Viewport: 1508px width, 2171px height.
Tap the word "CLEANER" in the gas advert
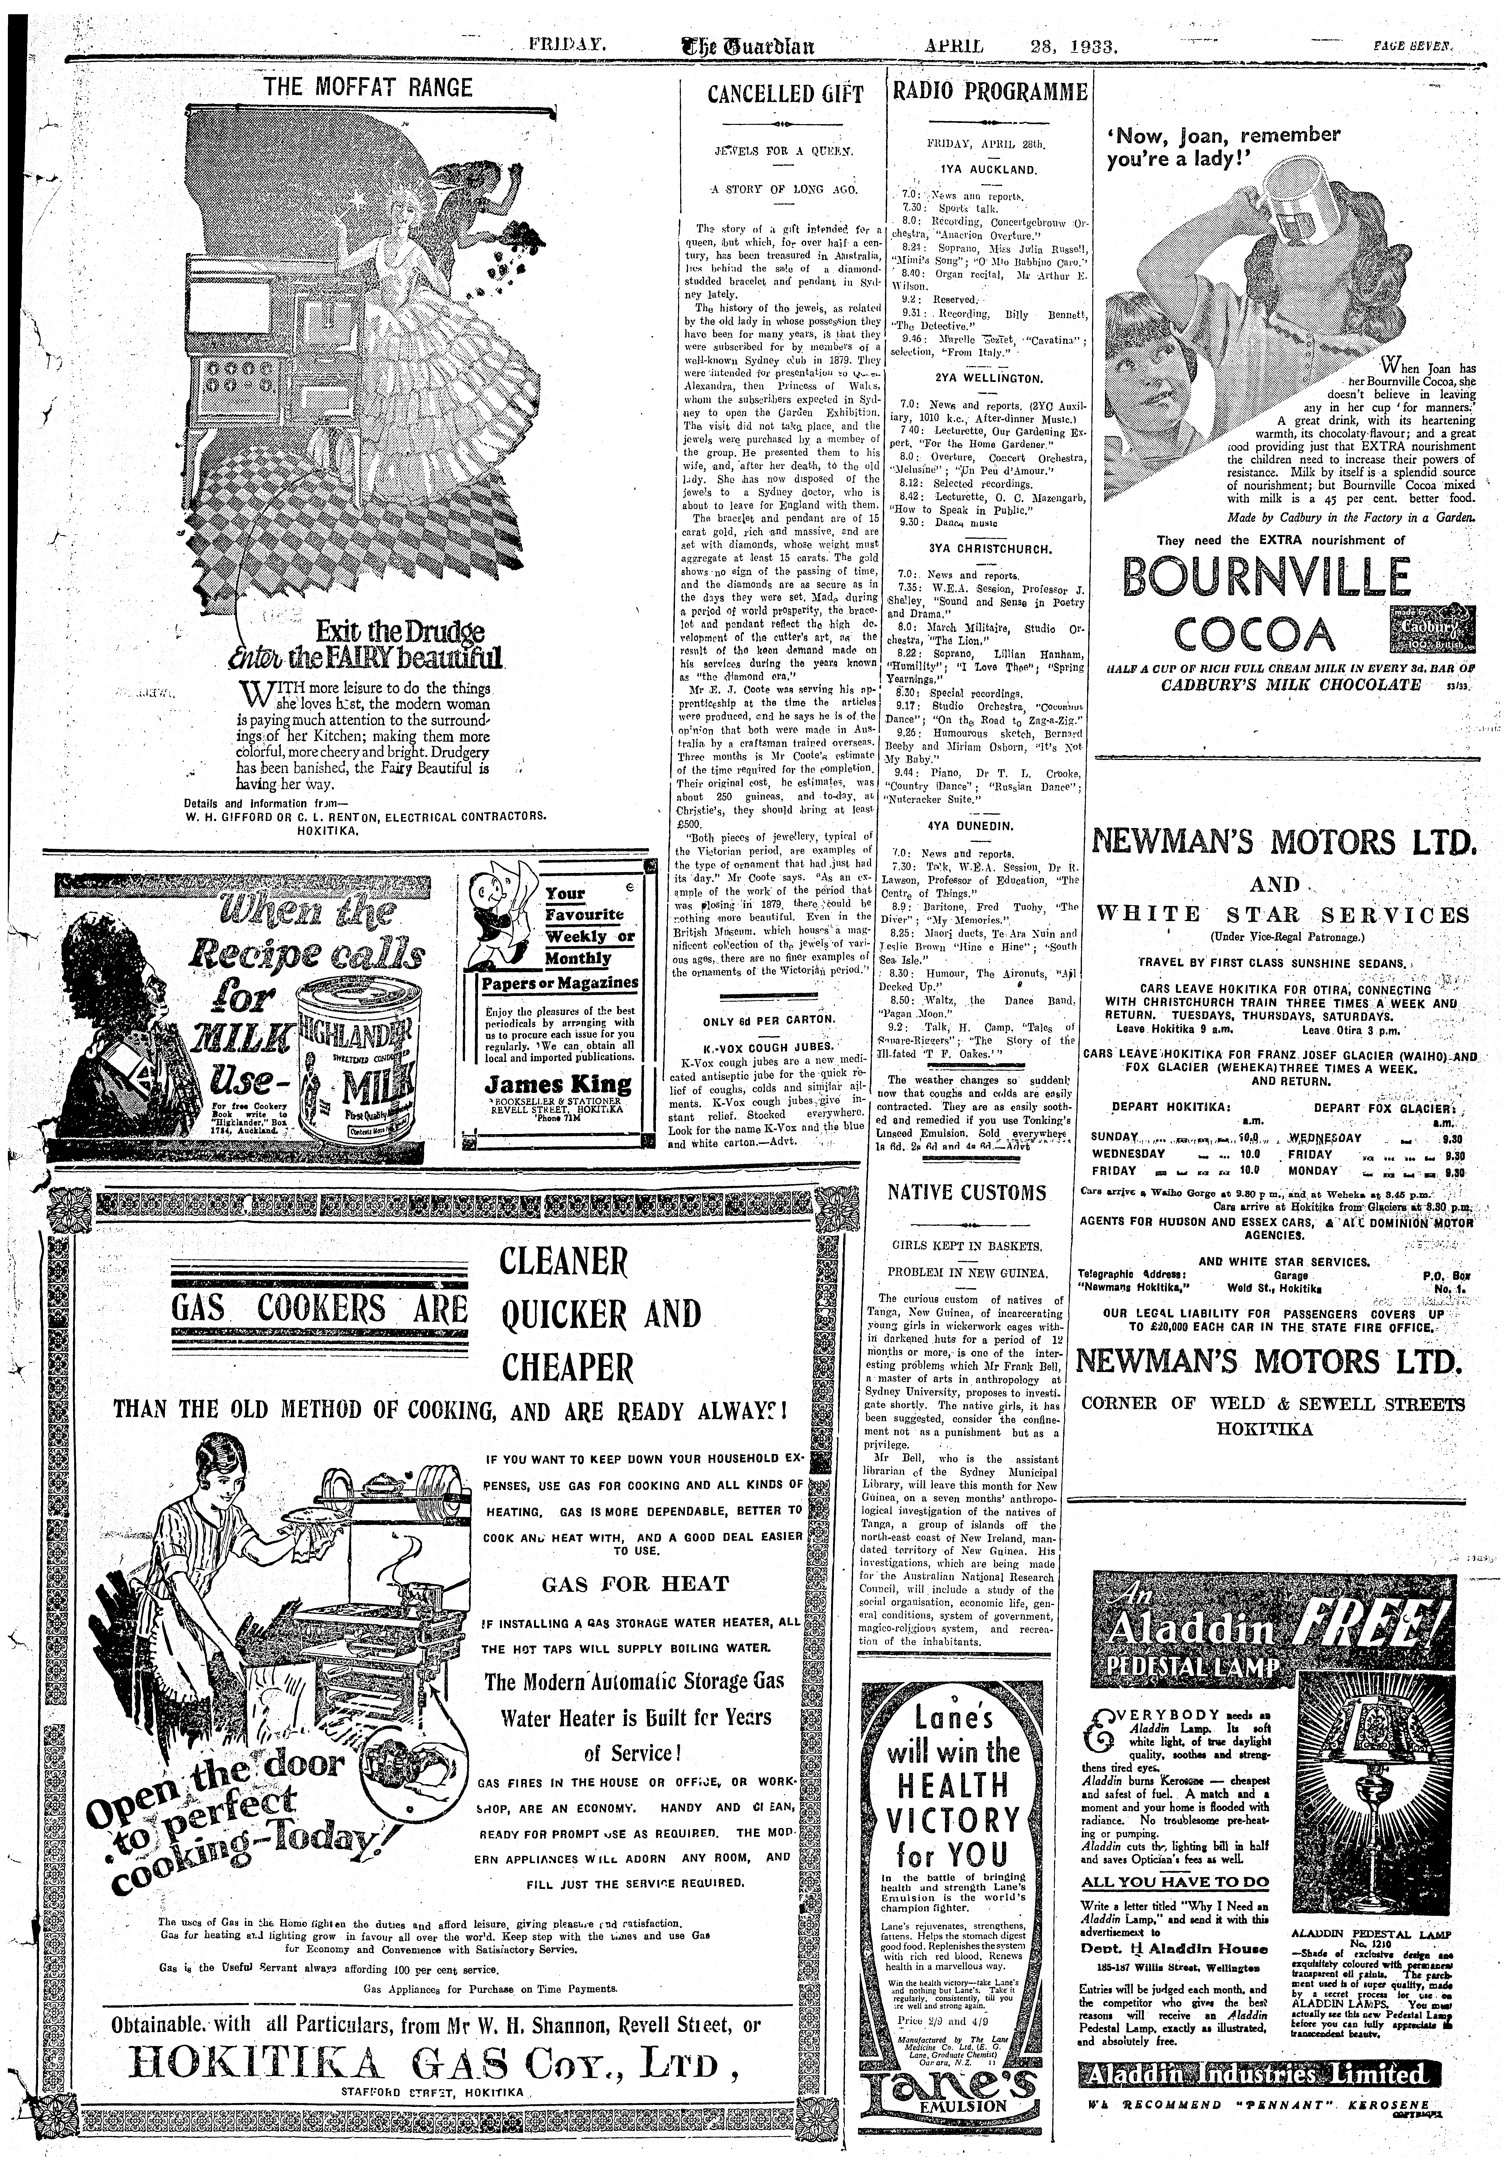coord(563,1261)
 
